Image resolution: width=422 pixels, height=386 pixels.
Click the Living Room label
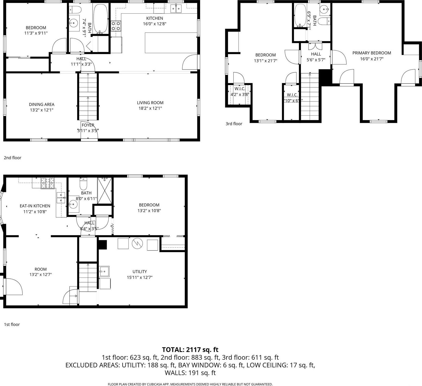pyautogui.click(x=150, y=103)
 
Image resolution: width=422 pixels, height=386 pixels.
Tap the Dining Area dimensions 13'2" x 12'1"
pyautogui.click(x=42, y=110)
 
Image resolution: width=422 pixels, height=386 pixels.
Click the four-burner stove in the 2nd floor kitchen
pyautogui.click(x=116, y=26)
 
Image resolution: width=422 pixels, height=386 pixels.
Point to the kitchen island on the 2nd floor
pyautogui.click(x=171, y=43)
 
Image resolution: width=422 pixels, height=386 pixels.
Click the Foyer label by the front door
pyautogui.click(x=88, y=125)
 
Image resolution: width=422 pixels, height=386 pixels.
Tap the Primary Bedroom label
pyautogui.click(x=371, y=53)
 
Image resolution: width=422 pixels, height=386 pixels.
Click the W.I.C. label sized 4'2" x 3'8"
pyautogui.click(x=240, y=89)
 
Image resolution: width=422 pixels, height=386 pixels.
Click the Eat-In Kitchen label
pyautogui.click(x=35, y=206)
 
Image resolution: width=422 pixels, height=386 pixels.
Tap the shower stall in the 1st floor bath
pyautogui.click(x=104, y=190)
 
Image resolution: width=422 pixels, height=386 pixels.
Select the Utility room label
pyautogui.click(x=140, y=272)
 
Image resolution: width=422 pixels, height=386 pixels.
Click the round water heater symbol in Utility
pyautogui.click(x=137, y=244)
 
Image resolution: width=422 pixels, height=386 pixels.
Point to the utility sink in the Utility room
pyautogui.click(x=104, y=271)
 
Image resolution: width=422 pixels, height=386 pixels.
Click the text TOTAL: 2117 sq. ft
pyautogui.click(x=190, y=350)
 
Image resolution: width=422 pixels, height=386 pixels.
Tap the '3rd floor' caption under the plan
pyautogui.click(x=234, y=124)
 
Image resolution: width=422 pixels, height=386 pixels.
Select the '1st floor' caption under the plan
pyautogui.click(x=12, y=324)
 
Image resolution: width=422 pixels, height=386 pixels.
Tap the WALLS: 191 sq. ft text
pyautogui.click(x=190, y=373)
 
